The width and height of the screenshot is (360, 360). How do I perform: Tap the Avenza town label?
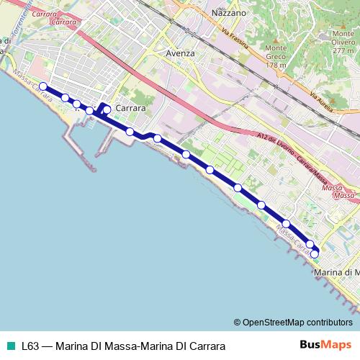click(180, 53)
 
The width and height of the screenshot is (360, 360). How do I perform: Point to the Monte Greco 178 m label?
click(276, 56)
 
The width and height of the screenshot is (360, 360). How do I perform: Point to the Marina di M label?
click(337, 272)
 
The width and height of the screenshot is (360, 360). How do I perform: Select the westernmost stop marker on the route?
click(42, 86)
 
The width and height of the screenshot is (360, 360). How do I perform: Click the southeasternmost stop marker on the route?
click(314, 253)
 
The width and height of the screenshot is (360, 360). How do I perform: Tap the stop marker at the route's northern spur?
click(107, 109)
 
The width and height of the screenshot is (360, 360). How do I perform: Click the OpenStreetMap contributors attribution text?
click(293, 323)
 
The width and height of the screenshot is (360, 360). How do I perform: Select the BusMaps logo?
click(325, 345)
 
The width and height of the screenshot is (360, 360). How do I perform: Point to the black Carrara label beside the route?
click(130, 108)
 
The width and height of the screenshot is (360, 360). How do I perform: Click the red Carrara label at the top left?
click(45, 14)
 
